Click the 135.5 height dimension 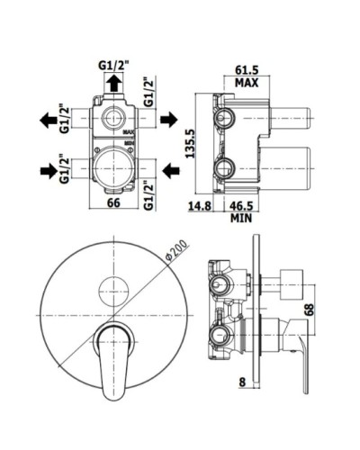click(190, 143)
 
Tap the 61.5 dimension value click(247, 70)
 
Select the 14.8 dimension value click(200, 206)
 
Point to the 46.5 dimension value click(242, 206)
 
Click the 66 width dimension click(113, 202)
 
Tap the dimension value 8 click(242, 382)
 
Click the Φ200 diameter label click(178, 251)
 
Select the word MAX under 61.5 click(247, 83)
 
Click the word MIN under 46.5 click(241, 218)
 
